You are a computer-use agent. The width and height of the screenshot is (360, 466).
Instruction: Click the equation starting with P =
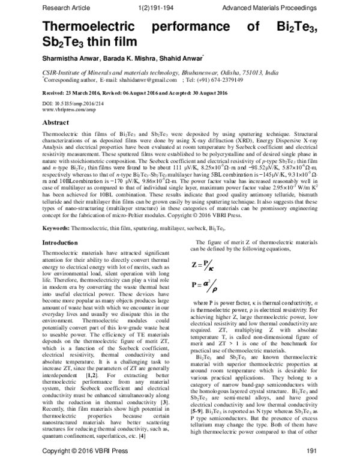tap(205, 285)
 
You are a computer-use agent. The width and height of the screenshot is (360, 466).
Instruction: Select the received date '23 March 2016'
tap(85, 94)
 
